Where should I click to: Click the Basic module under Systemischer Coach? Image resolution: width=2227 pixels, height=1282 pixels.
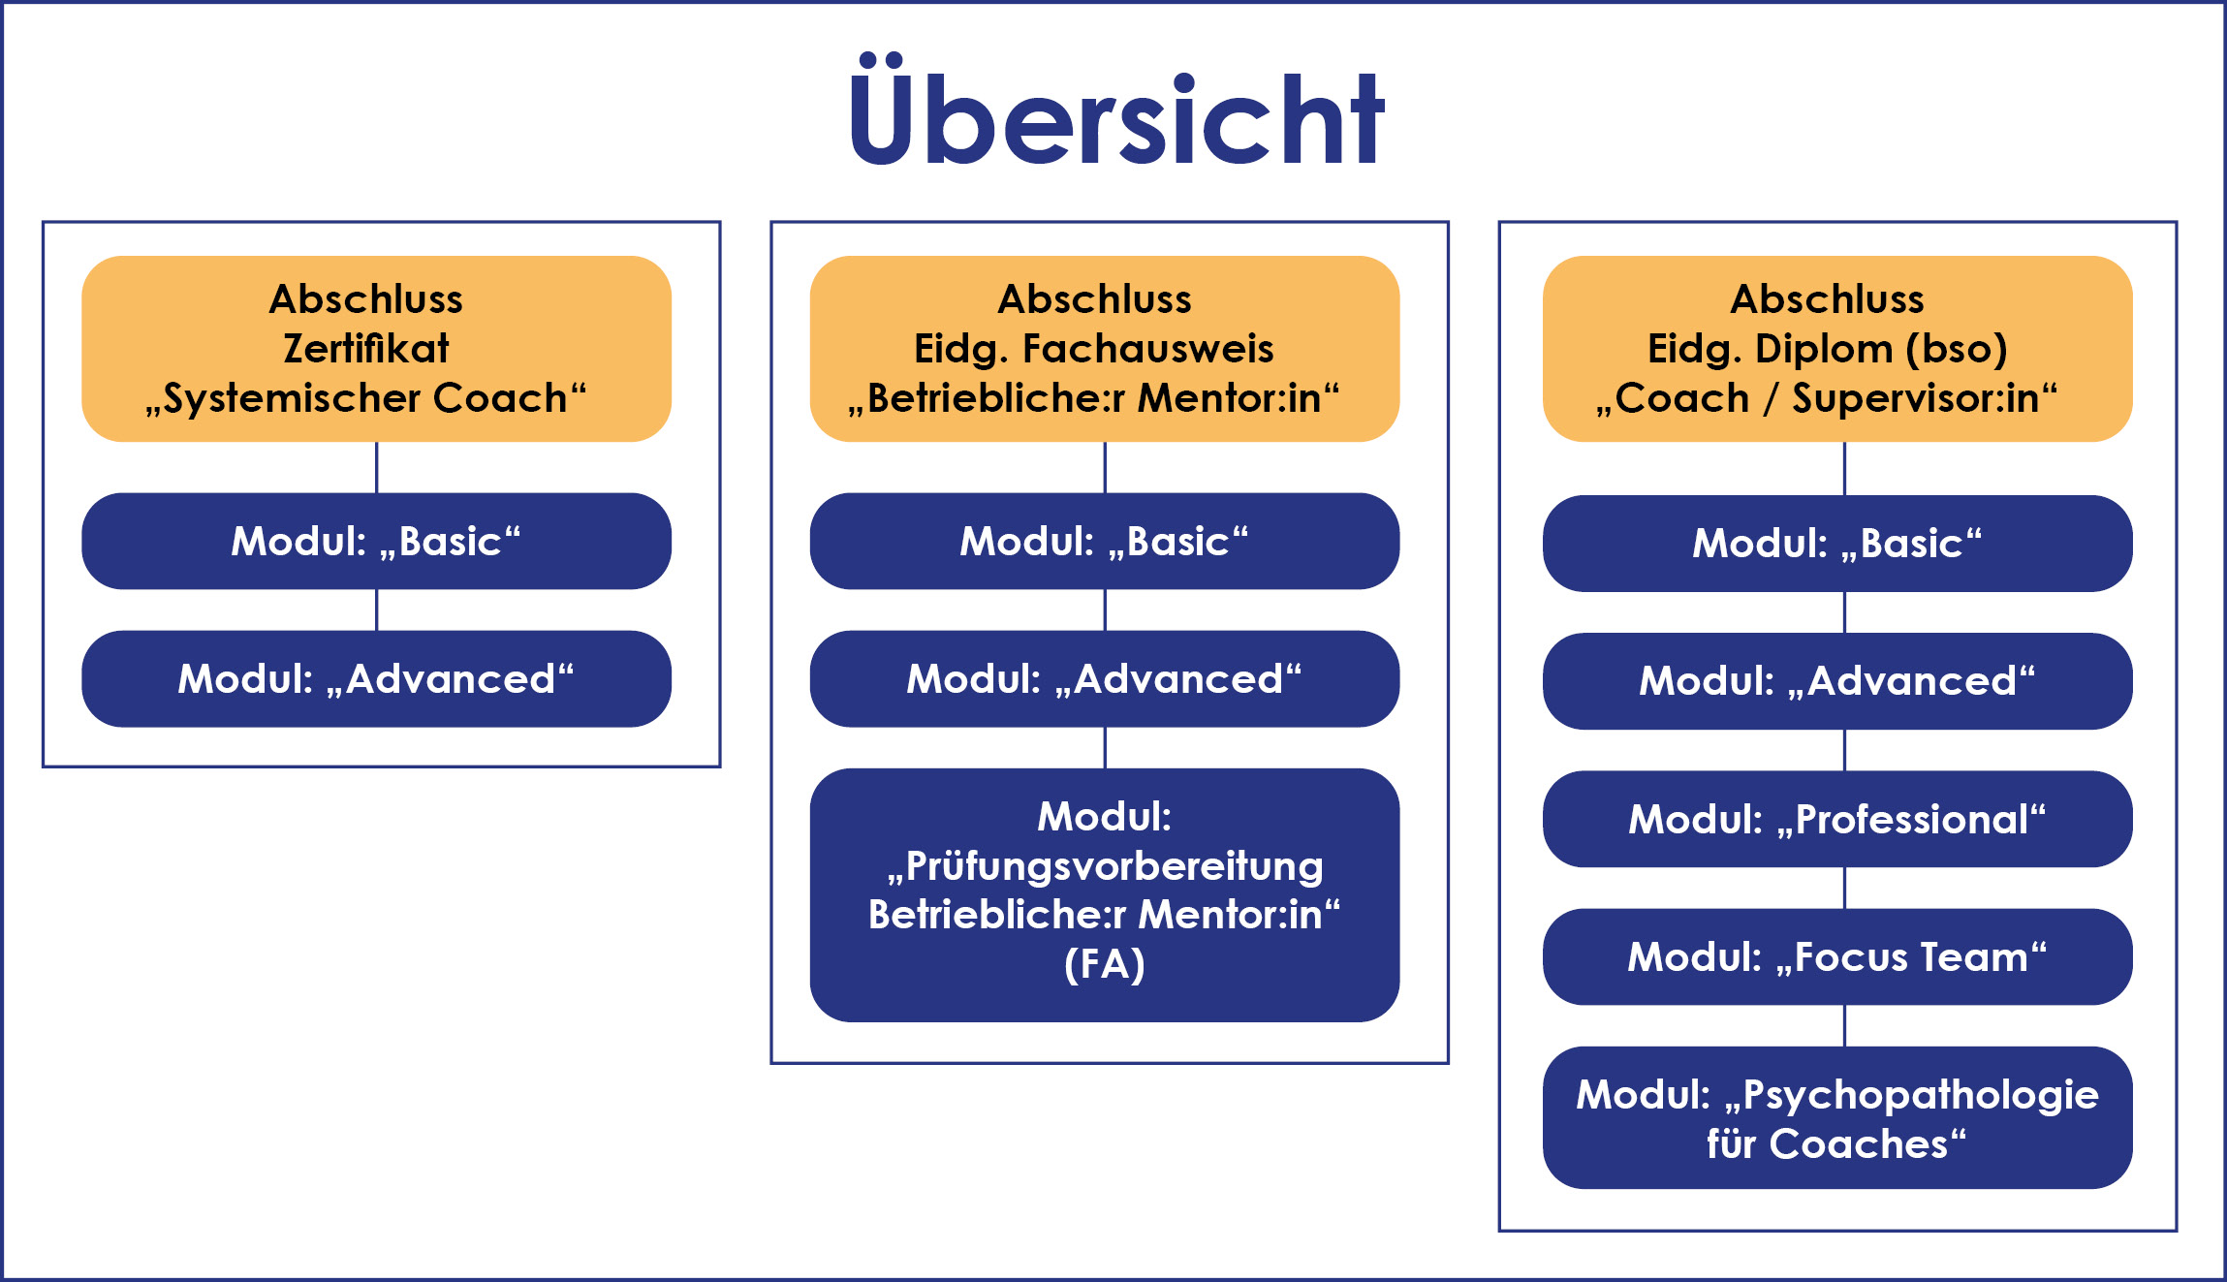(x=376, y=541)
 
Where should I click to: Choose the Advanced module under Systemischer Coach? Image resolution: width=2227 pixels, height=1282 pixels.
(x=376, y=678)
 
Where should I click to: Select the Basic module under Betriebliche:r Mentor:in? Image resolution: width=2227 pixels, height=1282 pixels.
(x=1104, y=541)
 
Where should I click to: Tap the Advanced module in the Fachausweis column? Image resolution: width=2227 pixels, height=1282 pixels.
(x=1104, y=678)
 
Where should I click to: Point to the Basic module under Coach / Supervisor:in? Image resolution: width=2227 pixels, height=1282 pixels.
(x=1836, y=543)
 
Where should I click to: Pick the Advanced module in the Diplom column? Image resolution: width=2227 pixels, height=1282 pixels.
(x=1836, y=680)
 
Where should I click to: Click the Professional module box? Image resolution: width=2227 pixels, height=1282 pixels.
(x=1836, y=819)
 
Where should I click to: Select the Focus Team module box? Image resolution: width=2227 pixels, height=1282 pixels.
(x=1836, y=956)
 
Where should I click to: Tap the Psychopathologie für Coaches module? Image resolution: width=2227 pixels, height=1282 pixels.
(x=1836, y=1117)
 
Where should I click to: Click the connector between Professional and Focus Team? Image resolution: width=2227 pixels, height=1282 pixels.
(x=1844, y=888)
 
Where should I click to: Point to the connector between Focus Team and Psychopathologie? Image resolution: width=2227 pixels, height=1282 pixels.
(x=1844, y=1025)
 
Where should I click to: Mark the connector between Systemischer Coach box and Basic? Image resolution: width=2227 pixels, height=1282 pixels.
(x=377, y=467)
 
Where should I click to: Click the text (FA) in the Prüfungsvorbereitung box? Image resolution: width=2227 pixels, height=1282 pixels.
(x=1104, y=964)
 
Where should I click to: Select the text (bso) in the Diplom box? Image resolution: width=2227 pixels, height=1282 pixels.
(x=1956, y=349)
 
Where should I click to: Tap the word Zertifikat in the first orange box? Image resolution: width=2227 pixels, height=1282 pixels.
(x=366, y=349)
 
